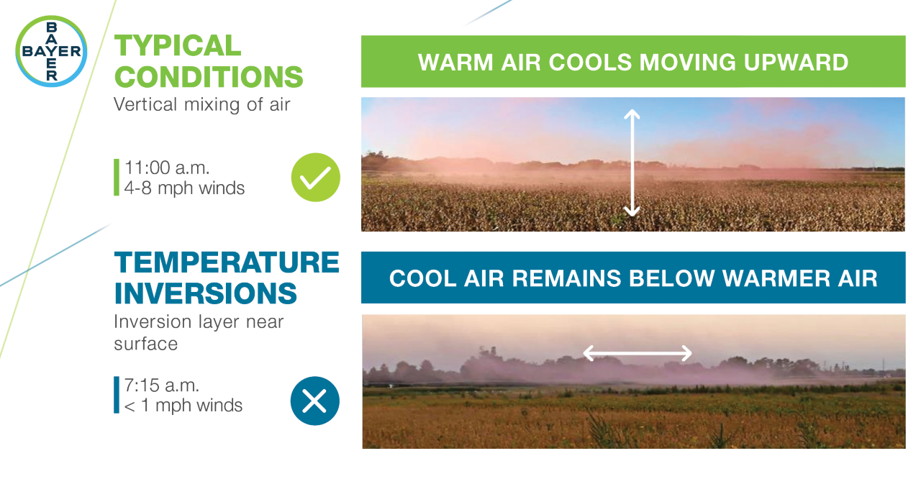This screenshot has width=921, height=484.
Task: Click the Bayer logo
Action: click(51, 51)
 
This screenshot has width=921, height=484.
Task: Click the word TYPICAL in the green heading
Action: click(177, 46)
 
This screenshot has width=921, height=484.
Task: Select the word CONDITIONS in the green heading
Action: click(209, 76)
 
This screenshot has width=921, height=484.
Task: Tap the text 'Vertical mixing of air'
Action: click(201, 104)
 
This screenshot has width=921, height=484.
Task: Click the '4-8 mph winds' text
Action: click(185, 188)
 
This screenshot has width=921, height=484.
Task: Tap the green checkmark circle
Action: click(315, 177)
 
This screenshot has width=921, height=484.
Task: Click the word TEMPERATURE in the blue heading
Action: click(227, 262)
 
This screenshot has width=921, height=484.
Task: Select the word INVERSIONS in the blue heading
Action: click(206, 293)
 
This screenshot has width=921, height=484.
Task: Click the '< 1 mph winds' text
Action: click(183, 406)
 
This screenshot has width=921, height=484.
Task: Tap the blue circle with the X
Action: click(314, 401)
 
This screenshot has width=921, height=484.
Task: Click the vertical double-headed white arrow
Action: click(632, 163)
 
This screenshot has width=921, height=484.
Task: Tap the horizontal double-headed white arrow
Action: click(637, 353)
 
